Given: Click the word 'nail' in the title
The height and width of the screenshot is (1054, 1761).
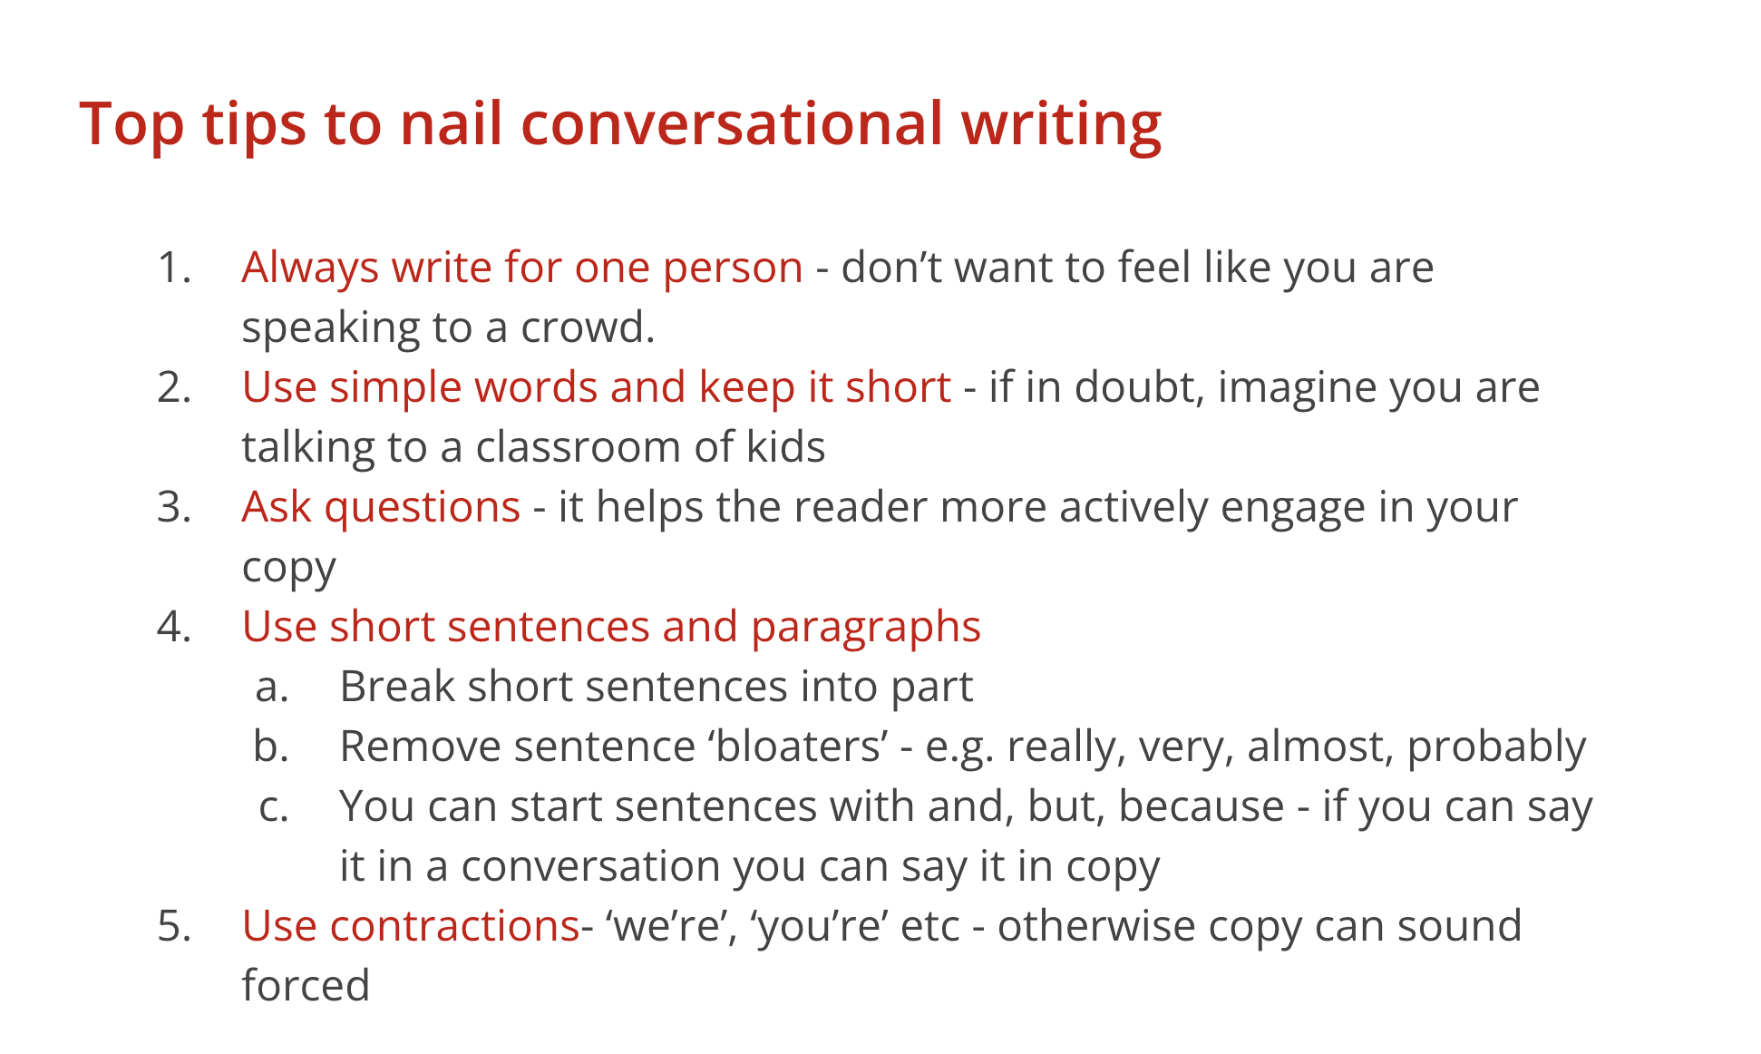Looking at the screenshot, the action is coord(451,122).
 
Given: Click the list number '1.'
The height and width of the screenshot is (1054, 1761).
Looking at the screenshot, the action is coord(174,268).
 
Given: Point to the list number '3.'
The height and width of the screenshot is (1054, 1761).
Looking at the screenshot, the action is coord(174,507).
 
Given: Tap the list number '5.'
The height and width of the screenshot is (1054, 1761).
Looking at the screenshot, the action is coord(174,926).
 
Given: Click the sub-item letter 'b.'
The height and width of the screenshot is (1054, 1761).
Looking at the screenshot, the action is coord(271,746).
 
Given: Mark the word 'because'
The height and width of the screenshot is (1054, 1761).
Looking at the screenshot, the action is coord(1202,806).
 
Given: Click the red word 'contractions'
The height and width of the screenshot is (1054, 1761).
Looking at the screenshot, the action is coord(454,926).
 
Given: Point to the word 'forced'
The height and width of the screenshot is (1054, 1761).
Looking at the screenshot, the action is coord(306,985).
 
